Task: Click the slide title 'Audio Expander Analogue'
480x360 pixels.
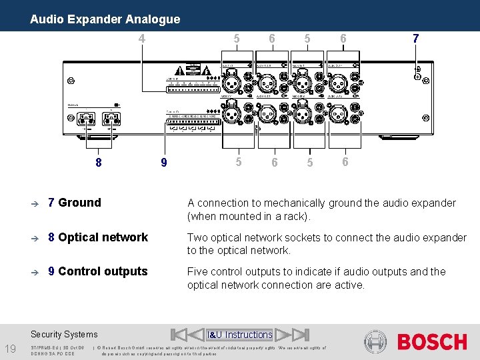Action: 105,19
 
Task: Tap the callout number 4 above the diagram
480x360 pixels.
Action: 141,39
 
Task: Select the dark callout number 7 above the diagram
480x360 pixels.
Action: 415,39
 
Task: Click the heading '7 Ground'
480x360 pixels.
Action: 74,203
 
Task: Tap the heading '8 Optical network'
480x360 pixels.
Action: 97,237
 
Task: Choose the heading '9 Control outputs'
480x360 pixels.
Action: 97,271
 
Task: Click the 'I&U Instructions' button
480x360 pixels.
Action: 240,335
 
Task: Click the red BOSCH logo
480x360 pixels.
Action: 432,342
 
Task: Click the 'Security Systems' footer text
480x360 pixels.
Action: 64,335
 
